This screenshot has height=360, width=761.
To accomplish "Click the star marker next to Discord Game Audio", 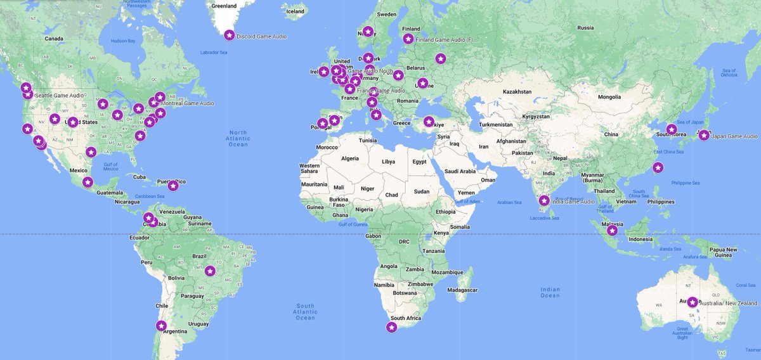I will (x=229, y=35).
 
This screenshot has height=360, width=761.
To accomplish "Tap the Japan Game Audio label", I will (x=734, y=136).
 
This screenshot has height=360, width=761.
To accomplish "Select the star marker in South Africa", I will (x=392, y=327).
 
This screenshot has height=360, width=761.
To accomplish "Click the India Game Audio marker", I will (x=544, y=201).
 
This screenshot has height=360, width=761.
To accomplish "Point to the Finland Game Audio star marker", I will (x=408, y=39).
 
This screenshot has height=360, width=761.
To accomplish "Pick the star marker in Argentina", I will (x=161, y=326).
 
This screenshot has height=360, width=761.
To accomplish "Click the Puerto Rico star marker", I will (x=172, y=186).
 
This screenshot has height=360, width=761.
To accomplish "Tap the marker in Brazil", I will (x=211, y=271).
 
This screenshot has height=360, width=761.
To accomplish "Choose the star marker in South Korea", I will (x=671, y=130).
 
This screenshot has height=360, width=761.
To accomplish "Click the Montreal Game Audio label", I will (x=188, y=103).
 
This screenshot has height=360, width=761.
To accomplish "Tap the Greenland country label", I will (x=223, y=6).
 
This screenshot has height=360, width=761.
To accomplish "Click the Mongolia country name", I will (x=609, y=97).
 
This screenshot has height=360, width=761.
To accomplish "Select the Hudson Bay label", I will (x=123, y=41).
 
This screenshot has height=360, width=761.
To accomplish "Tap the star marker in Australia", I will (x=693, y=302).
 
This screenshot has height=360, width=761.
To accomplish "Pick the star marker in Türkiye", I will (x=429, y=122).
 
